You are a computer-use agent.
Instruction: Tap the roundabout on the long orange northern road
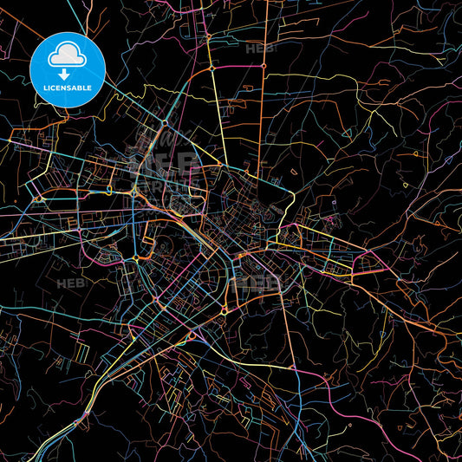250,88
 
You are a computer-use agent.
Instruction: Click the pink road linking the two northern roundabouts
231,67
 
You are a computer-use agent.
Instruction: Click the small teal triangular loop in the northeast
347,133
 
